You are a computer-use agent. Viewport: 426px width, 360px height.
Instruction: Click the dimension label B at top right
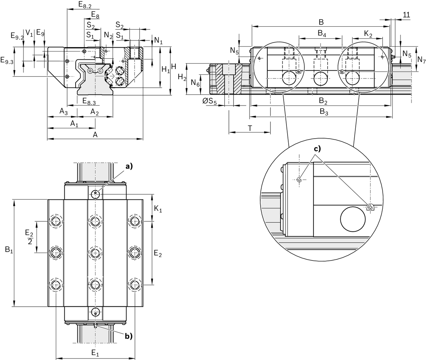point(321,22)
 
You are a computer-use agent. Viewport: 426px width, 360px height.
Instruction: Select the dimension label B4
point(322,34)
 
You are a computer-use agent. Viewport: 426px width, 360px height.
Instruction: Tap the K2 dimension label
point(368,34)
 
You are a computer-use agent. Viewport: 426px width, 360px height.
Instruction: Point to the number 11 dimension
point(407,15)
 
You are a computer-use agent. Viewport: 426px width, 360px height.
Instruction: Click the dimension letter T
point(250,128)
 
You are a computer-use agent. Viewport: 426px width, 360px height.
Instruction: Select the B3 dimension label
point(323,112)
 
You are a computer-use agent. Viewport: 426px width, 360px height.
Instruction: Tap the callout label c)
point(317,149)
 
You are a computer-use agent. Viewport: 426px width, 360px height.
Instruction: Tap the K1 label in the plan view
point(158,208)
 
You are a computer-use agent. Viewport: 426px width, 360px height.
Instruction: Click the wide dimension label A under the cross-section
point(95,134)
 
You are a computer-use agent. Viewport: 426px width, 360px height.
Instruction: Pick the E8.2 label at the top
point(84,5)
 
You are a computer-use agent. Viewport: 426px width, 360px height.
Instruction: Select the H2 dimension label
point(181,77)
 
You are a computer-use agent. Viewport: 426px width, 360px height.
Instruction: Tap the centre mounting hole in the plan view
point(95,253)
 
